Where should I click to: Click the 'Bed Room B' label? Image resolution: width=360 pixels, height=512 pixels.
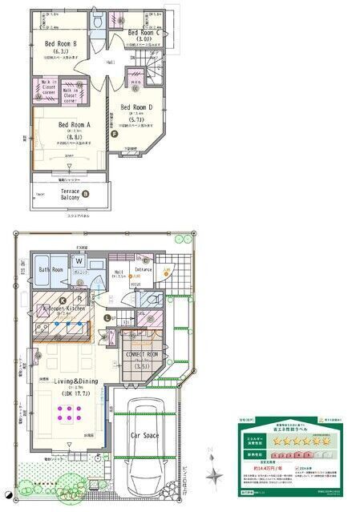(60, 43)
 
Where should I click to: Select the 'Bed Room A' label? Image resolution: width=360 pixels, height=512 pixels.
(74, 124)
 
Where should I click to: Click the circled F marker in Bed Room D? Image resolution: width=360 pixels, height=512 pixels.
(115, 134)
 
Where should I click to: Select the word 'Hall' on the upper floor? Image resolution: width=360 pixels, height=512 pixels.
(111, 62)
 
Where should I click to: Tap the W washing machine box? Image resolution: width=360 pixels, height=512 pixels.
(79, 261)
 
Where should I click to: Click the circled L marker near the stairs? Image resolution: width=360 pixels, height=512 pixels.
(107, 318)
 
